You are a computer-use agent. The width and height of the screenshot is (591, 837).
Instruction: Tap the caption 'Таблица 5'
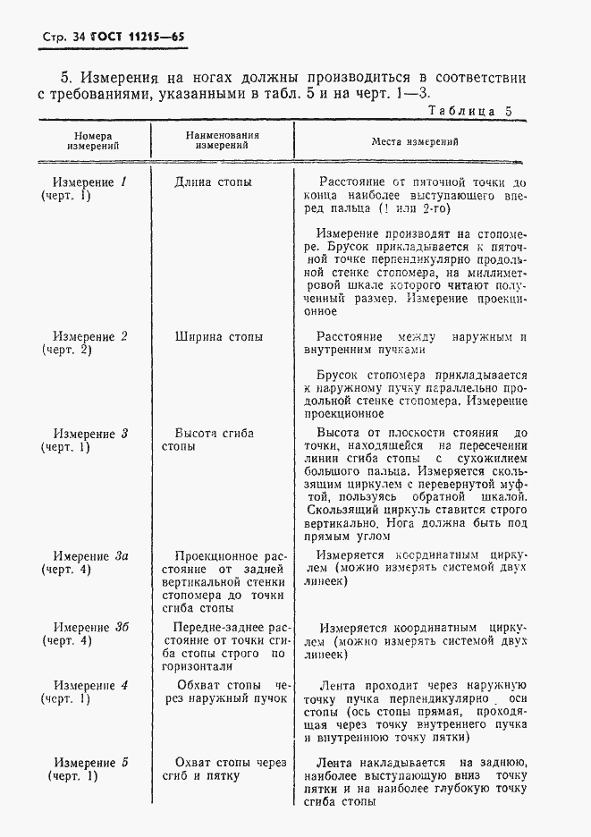pos(469,112)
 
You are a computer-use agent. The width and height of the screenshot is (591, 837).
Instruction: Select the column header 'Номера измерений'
pos(92,141)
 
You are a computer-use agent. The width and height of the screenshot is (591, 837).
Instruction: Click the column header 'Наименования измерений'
pos(222,141)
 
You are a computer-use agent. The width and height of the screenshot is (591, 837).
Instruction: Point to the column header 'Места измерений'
pos(415,141)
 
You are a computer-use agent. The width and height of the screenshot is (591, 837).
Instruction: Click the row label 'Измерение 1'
pos(89,182)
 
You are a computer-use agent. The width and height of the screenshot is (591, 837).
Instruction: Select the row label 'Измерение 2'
pos(89,337)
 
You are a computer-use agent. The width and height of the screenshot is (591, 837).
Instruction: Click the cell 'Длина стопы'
pos(213,182)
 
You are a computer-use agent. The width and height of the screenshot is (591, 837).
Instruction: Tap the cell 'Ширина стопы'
pos(219,337)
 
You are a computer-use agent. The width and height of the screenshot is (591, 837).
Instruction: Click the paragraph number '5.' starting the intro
pos(66,78)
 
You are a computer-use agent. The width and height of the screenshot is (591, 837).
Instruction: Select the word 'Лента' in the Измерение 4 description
pos(336,686)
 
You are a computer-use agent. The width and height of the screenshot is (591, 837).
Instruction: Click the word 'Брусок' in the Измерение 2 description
pos(339,376)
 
